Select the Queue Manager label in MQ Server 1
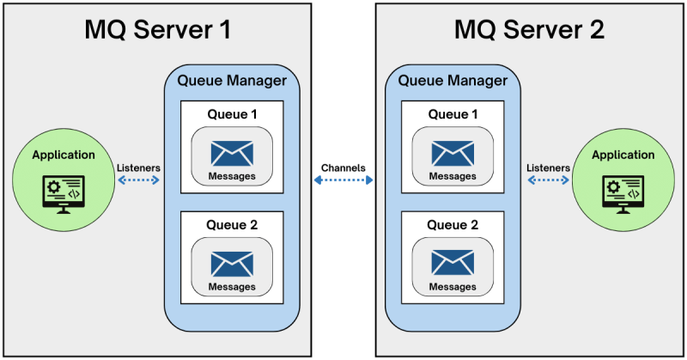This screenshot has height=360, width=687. coord(231,82)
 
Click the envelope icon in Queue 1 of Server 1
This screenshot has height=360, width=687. coord(231,153)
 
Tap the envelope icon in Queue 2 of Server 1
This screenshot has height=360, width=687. coord(231,263)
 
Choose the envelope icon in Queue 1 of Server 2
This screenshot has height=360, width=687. coord(453,153)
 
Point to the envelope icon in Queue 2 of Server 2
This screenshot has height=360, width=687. coord(453,263)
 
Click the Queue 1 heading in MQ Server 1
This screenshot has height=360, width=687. coord(231,114)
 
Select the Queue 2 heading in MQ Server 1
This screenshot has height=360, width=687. coord(231,225)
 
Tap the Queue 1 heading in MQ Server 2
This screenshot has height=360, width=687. coord(453,114)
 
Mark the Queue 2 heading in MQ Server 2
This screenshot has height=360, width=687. coord(453,225)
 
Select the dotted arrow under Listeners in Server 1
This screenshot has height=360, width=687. coord(138,180)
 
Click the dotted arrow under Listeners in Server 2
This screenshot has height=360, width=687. coord(549,180)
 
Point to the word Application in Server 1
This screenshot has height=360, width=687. coord(64,156)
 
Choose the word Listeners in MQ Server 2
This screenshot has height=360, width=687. coord(548,167)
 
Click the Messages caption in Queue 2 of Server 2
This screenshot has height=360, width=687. coord(453,287)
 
